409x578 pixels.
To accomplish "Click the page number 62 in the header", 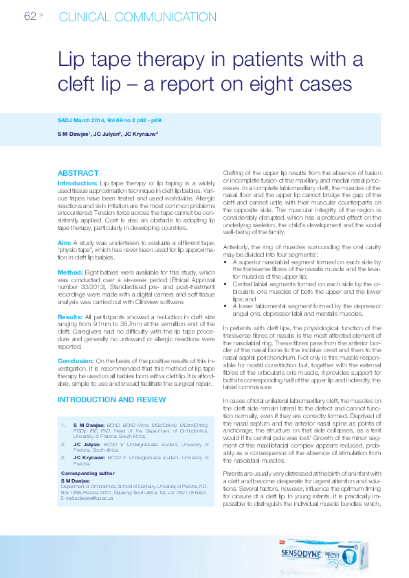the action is pos(30,16).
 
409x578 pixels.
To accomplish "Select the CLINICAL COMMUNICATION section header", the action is pos(129,17).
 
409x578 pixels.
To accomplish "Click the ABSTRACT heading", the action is pos(78,173).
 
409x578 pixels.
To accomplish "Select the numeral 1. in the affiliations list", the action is pos(64,426).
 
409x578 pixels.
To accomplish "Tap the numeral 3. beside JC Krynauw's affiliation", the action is pos(64,456).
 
